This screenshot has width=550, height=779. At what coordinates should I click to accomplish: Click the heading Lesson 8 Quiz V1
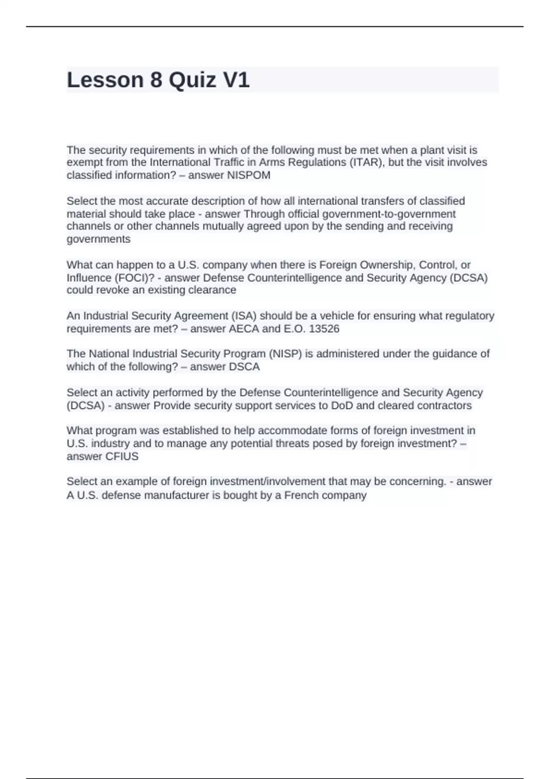[158, 80]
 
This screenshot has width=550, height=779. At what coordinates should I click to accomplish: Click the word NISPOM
[249, 176]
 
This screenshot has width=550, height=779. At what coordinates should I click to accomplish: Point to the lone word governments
[99, 239]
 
